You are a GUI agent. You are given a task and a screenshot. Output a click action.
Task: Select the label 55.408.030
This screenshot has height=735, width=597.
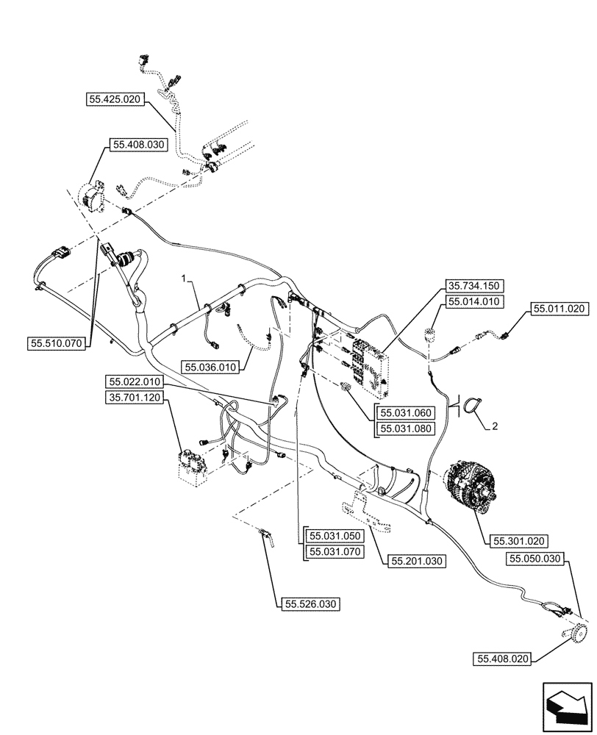click(x=140, y=146)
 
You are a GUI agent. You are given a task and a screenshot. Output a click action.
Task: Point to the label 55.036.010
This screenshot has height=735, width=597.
click(x=212, y=367)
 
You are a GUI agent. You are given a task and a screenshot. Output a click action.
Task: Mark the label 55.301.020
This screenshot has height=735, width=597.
click(x=518, y=542)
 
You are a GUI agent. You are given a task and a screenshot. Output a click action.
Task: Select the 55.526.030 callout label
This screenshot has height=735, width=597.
click(x=310, y=604)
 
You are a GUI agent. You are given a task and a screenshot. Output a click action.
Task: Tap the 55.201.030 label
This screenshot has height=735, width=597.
click(x=418, y=560)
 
